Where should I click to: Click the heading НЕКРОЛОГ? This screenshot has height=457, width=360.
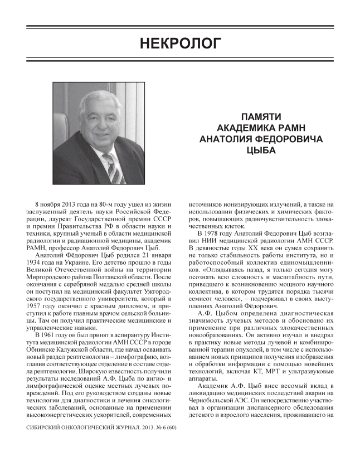click(179, 42)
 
